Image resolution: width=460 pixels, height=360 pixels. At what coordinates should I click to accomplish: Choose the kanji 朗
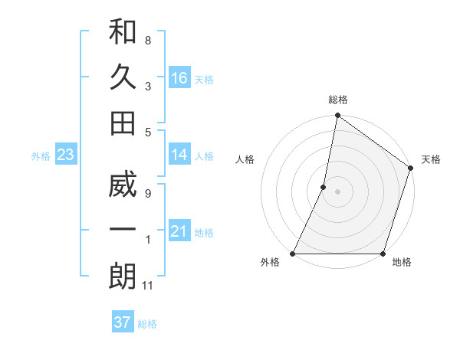[x=123, y=277]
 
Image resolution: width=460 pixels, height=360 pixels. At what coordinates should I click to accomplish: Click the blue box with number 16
[x=179, y=77]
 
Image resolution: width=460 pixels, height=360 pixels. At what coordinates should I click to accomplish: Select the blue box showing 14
[x=179, y=155]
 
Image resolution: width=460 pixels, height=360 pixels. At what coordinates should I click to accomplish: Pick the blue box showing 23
[x=66, y=155]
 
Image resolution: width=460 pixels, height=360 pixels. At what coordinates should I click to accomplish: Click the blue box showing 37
[x=122, y=322]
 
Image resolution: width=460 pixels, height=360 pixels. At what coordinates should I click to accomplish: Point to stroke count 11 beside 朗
[x=148, y=286]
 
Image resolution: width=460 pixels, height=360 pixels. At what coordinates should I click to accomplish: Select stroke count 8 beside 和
[x=148, y=40]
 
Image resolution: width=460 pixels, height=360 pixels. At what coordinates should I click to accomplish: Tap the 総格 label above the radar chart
[x=337, y=100]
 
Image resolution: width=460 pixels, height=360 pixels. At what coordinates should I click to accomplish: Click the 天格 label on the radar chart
[x=431, y=159]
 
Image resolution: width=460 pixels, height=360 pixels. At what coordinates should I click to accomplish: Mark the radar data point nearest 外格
[x=293, y=254]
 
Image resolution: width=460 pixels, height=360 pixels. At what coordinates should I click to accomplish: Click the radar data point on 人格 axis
[x=324, y=187]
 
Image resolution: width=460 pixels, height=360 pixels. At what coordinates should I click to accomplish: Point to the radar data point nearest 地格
[x=383, y=254]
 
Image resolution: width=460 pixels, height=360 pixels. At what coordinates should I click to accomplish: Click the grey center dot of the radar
[x=337, y=191]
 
